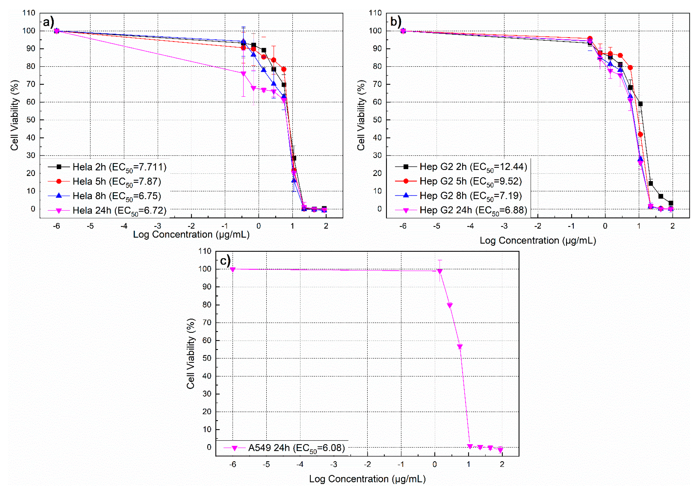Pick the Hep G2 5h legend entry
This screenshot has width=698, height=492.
459,181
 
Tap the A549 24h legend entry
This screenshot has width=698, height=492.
284,448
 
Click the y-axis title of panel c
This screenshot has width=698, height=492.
191,354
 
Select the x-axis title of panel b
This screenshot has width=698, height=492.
537,241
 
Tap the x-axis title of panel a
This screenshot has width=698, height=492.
191,235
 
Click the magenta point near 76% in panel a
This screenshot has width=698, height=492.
243,74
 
